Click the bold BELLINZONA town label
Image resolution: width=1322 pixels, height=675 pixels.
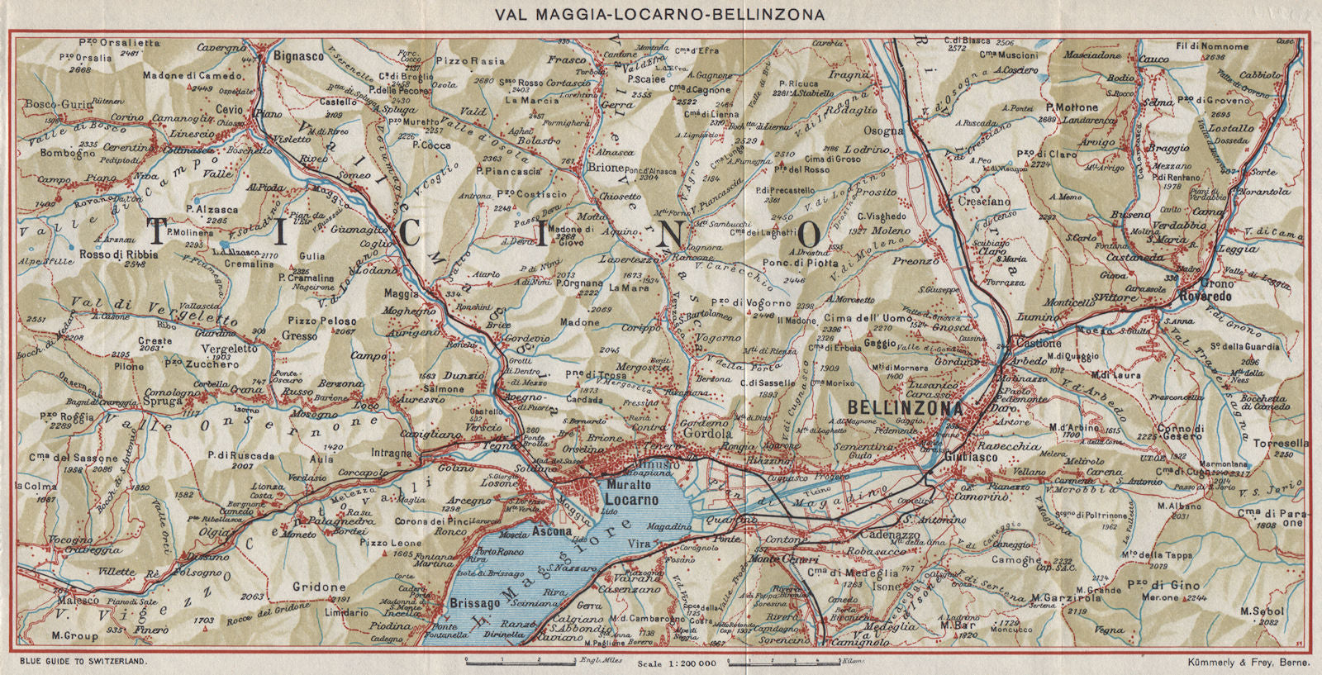tap(905, 408)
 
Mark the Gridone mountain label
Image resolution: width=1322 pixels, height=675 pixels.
tap(318, 587)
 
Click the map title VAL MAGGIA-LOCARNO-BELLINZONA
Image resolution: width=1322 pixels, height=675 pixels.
tap(662, 13)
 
